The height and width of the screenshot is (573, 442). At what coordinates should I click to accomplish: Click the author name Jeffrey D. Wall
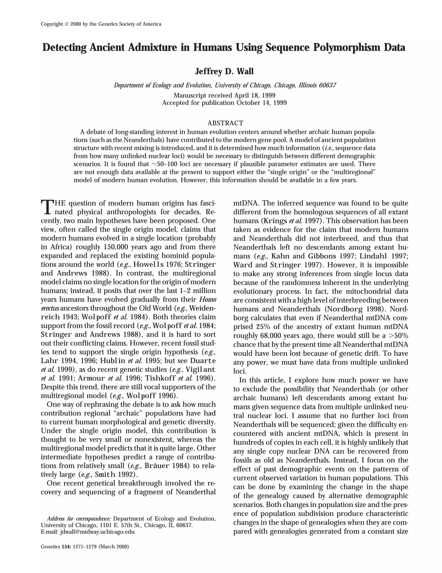coord(224,71)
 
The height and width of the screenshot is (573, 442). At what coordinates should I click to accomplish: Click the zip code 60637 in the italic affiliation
coord(327,85)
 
